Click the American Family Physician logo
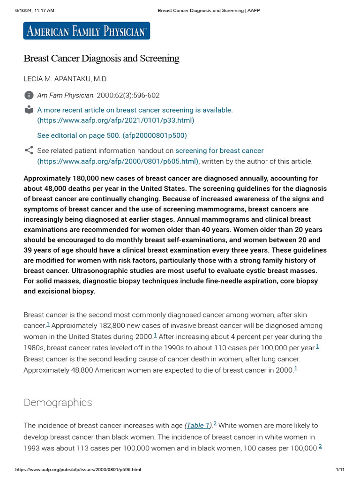pyautogui.click(x=87, y=31)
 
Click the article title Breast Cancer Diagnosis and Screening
pyautogui.click(x=101, y=59)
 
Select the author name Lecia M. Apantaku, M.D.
pyautogui.click(x=68, y=79)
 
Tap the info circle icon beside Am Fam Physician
pyautogui.click(x=29, y=95)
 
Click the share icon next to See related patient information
pyautogui.click(x=29, y=150)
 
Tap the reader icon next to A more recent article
pyautogui.click(x=29, y=110)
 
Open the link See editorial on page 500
pyautogui.click(x=112, y=135)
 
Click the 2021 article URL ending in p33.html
pyautogui.click(x=115, y=120)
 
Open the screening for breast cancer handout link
pyautogui.click(x=219, y=150)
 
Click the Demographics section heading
pyautogui.click(x=58, y=403)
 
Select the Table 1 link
pyautogui.click(x=198, y=426)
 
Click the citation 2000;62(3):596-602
pyautogui.click(x=128, y=95)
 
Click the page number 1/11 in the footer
pyautogui.click(x=340, y=470)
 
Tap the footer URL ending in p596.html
pyautogui.click(x=78, y=470)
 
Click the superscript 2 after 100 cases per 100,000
pyautogui.click(x=320, y=446)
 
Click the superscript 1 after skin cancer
pyautogui.click(x=48, y=324)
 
